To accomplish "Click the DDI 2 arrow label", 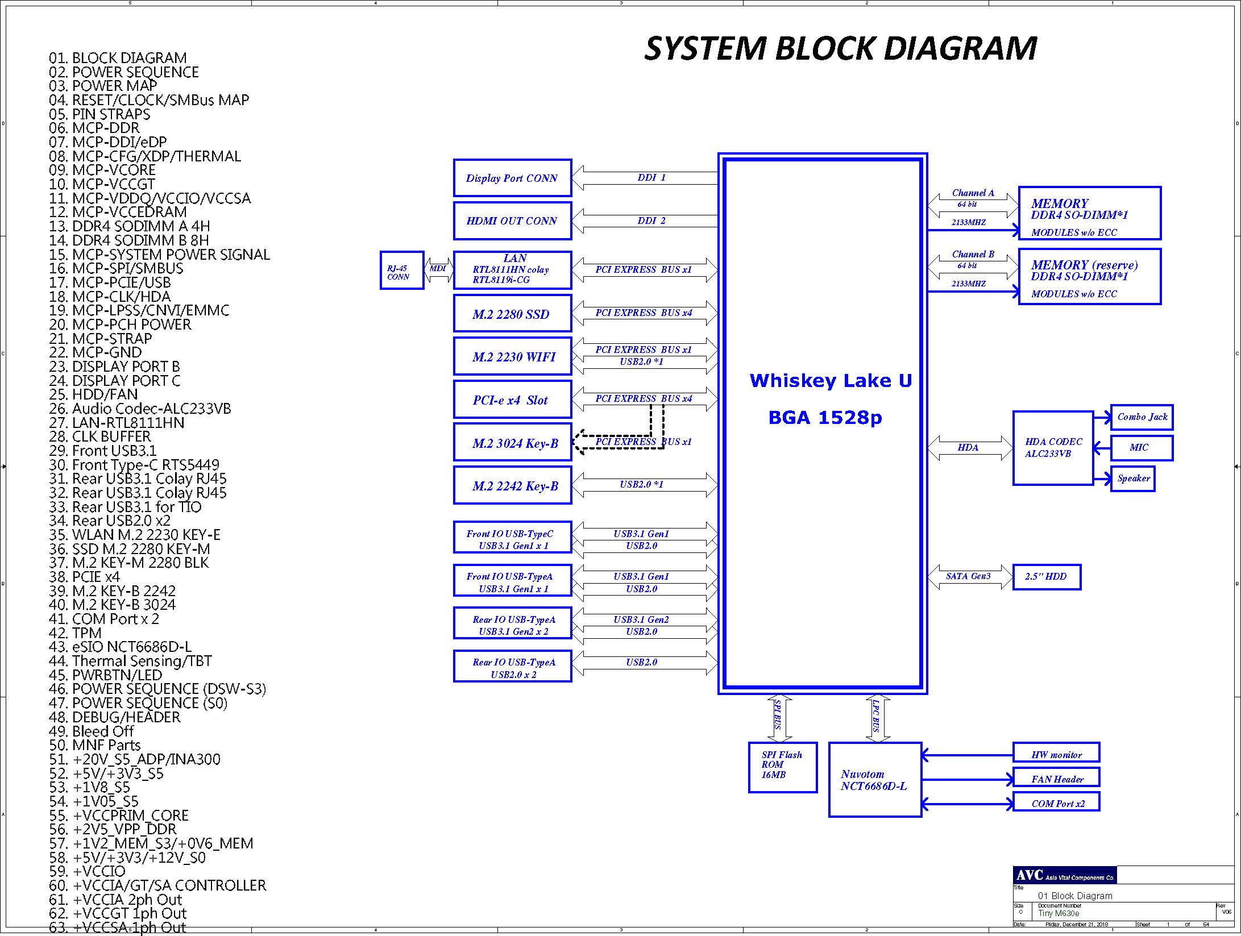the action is coord(651,221).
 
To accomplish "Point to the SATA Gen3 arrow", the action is coord(970,577).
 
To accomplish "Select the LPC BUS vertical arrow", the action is coord(877,718).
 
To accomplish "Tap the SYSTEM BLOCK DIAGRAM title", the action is coord(841,48).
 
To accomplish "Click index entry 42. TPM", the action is coord(75,633).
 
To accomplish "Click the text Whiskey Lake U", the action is coord(831,381).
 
